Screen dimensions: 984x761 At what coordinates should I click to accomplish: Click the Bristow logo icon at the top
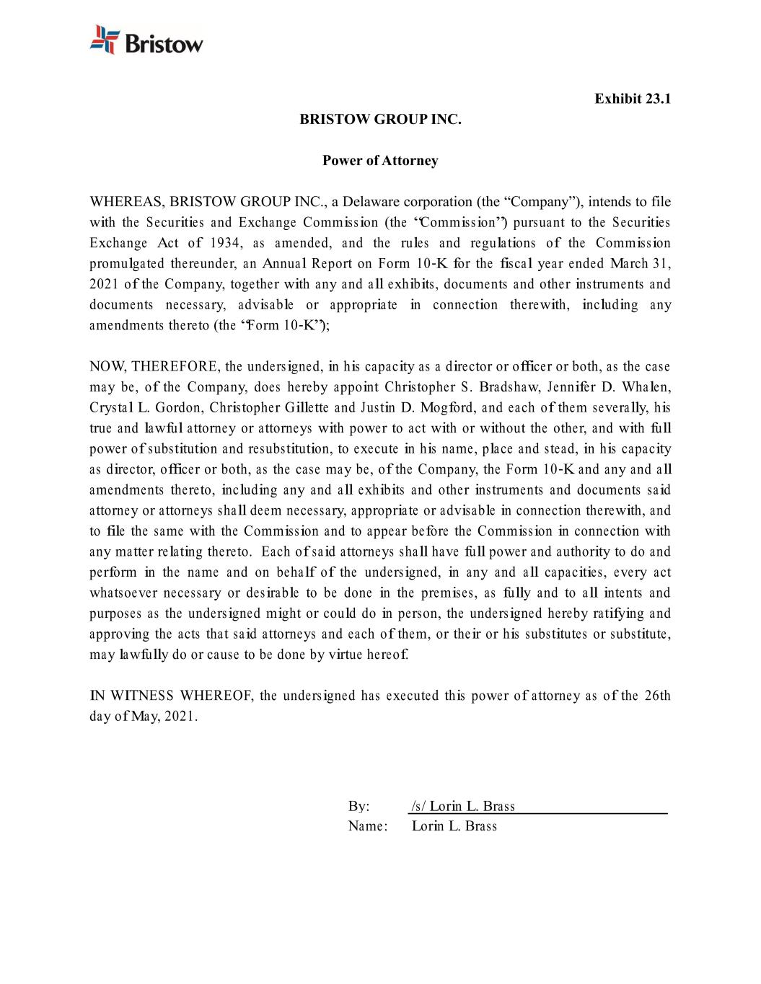(104, 40)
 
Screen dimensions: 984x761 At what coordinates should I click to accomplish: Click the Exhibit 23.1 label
(633, 98)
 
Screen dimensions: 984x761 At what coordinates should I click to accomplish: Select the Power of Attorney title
(380, 160)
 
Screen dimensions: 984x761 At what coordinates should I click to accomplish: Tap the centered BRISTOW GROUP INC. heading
(380, 119)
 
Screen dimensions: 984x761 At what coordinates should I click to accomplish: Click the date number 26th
(657, 696)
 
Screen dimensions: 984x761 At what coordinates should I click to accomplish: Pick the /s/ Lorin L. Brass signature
(463, 806)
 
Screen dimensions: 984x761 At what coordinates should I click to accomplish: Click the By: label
(358, 806)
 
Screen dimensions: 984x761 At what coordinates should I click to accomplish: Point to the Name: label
(368, 826)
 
